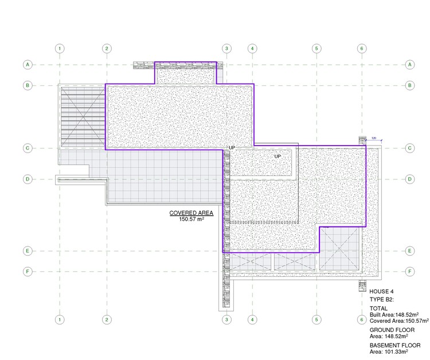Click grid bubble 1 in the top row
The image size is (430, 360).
coord(60,48)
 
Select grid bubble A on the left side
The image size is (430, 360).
coord(27,65)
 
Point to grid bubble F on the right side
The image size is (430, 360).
coord(410,271)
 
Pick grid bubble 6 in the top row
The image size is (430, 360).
coord(361,48)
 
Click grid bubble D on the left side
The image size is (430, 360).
coord(27,179)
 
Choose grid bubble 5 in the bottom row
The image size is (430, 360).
coord(315,319)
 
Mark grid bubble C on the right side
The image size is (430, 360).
coord(410,148)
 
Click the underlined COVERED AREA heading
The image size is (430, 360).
coord(191,213)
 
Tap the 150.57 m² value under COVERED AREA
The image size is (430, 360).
coord(191,219)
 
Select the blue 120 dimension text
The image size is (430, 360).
coord(373,138)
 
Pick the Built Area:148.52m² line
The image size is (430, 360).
coord(394,315)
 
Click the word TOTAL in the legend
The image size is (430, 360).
coord(378,308)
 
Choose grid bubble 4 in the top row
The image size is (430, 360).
coord(252,48)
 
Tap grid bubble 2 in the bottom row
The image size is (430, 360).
coord(107,319)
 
